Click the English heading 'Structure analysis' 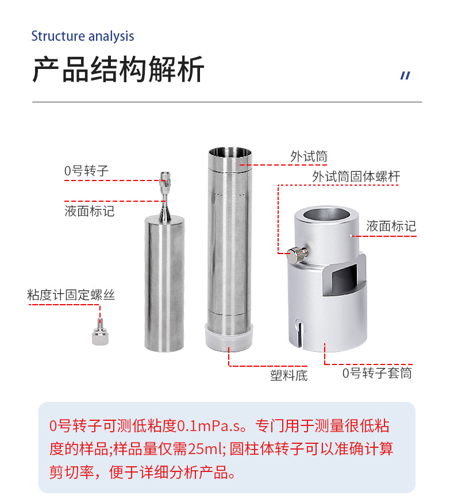coord(82,36)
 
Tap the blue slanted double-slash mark coord(405,75)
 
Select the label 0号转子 coord(86,171)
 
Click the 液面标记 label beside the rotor coord(90,211)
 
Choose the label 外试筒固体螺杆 coord(356,176)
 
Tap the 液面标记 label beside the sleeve coord(391,226)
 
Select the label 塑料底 coord(289,375)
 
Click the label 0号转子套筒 coord(377,373)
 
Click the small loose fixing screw coord(98,333)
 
